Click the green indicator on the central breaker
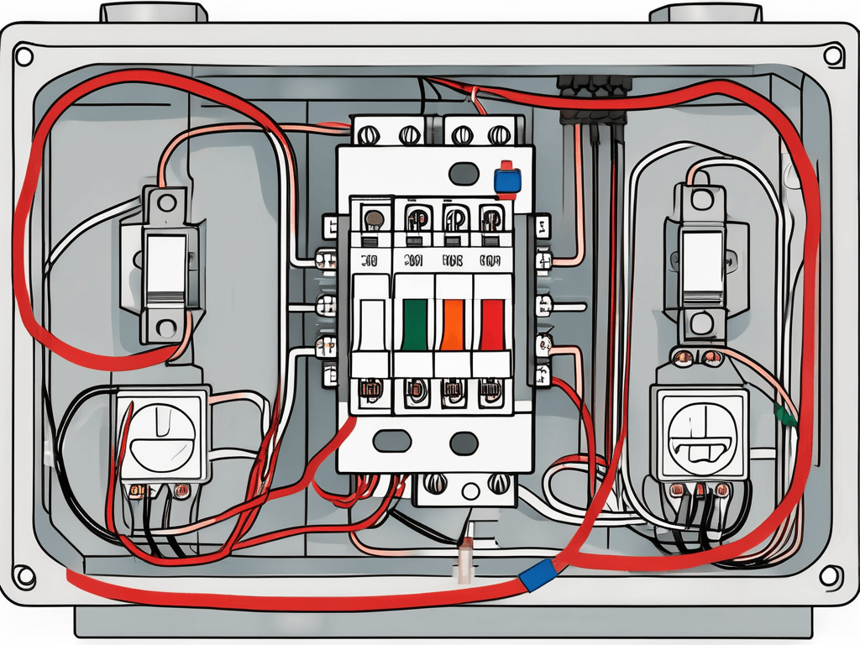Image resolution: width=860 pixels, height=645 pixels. (413, 324)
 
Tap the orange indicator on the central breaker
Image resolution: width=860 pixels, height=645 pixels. (453, 324)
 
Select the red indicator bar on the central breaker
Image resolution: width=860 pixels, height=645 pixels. (491, 324)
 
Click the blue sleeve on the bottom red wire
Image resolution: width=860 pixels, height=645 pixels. (535, 574)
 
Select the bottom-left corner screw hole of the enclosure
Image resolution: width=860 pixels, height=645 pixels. (25, 577)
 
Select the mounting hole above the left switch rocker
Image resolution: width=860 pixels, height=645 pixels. (165, 202)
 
